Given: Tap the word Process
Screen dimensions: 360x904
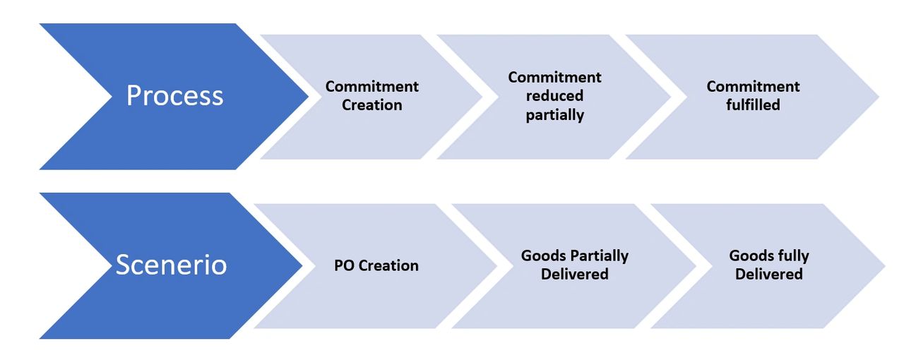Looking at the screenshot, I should point(174,96).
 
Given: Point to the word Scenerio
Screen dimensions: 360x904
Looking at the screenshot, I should point(171,265).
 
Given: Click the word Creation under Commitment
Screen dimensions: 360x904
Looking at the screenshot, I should point(372,105).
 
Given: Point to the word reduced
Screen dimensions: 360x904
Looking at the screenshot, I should point(555,95).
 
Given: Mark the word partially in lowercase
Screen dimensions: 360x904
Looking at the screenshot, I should point(554,114).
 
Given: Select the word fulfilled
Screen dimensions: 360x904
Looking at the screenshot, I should point(754,105).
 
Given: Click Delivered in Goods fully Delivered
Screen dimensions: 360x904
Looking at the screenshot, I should point(768,274).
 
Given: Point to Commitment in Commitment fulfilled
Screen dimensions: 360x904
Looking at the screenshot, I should point(753,87).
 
